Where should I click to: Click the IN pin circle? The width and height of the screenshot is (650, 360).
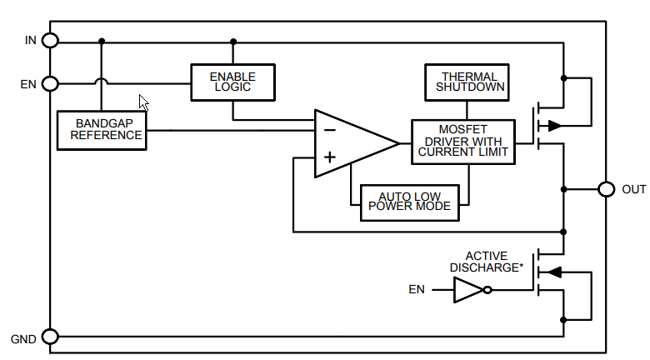pyautogui.click(x=50, y=40)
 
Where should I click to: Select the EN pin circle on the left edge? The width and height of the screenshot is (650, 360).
pyautogui.click(x=50, y=83)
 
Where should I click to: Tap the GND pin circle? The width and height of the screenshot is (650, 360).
pyautogui.click(x=50, y=337)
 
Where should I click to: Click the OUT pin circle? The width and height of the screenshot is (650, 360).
pyautogui.click(x=607, y=189)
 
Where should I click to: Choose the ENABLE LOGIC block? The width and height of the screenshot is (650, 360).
pyautogui.click(x=232, y=82)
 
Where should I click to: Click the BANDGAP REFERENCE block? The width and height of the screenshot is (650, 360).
pyautogui.click(x=102, y=130)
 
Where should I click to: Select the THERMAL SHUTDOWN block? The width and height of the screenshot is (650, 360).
pyautogui.click(x=466, y=82)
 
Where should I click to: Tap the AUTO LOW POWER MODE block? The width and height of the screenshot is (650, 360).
pyautogui.click(x=409, y=202)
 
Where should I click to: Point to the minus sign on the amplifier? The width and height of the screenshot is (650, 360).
pyautogui.click(x=329, y=130)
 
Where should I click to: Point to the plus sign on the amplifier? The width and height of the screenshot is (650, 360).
pyautogui.click(x=329, y=157)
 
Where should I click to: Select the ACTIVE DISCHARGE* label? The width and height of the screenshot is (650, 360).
pyautogui.click(x=487, y=262)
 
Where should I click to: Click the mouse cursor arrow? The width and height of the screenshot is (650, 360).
pyautogui.click(x=143, y=102)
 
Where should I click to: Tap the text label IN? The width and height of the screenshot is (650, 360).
pyautogui.click(x=30, y=40)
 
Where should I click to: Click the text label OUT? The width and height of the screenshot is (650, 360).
pyautogui.click(x=633, y=190)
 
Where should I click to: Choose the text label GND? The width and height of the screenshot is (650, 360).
pyautogui.click(x=22, y=338)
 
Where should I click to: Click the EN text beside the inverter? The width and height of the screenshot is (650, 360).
pyautogui.click(x=416, y=290)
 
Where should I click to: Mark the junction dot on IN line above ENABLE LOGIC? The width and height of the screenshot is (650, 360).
pyautogui.click(x=233, y=40)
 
